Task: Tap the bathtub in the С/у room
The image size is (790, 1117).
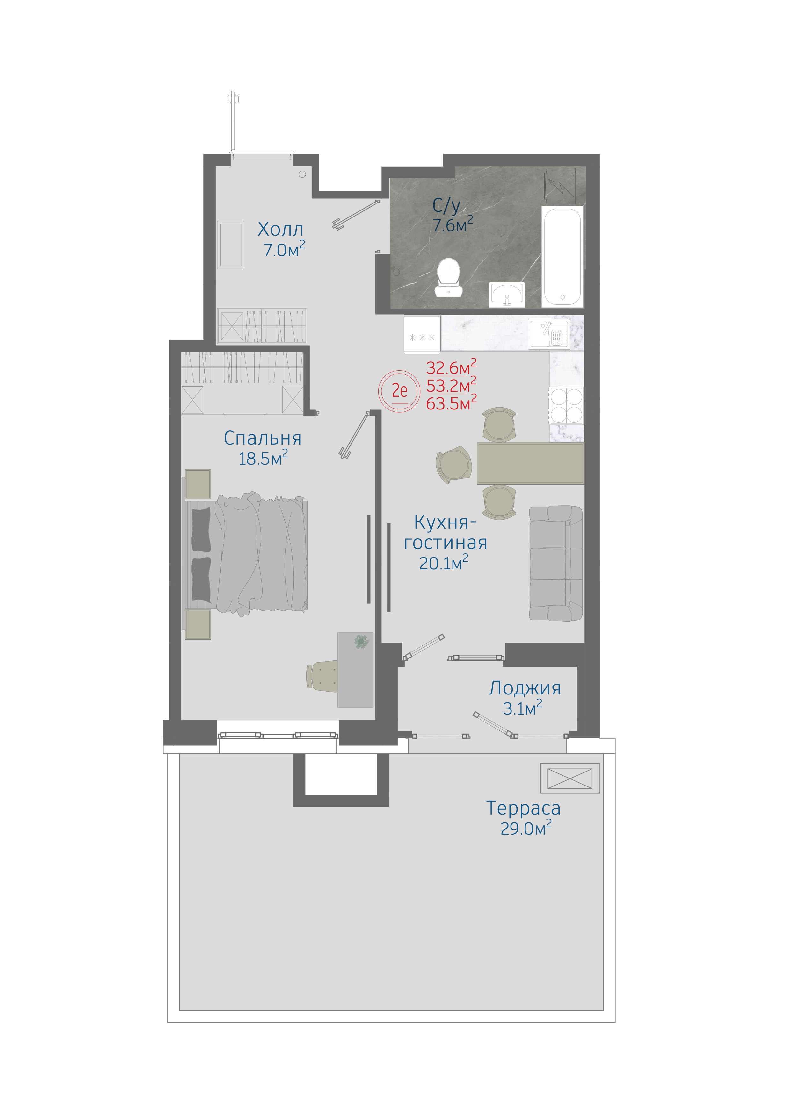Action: coord(562,256)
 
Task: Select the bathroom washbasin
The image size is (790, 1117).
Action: coord(507,294)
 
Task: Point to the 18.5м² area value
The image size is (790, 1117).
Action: coord(263,458)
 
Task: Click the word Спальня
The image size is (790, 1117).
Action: coord(262,438)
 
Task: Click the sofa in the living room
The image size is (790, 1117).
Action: coord(556,563)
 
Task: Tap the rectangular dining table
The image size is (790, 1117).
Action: coord(530,463)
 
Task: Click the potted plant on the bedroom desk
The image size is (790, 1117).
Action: coord(361,642)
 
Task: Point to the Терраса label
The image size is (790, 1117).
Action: coord(523,808)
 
